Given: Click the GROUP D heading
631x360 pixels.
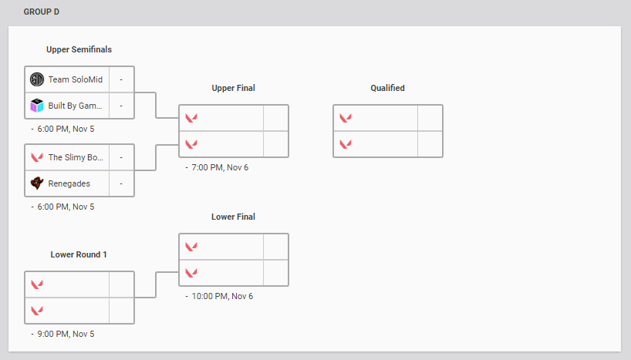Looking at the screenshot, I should point(41,12).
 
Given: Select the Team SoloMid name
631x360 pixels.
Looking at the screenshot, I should point(75,79).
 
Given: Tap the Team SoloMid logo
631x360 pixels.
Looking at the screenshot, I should point(37,79).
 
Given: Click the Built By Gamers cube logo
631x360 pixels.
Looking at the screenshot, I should point(37,106).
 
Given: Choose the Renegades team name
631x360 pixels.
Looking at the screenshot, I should point(69,183).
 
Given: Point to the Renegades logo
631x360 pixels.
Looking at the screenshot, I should point(37,183).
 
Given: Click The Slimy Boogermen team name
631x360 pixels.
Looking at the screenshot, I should point(76,157).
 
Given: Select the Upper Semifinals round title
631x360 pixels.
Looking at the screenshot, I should point(79,49).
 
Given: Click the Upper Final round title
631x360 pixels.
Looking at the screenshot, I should point(233,88).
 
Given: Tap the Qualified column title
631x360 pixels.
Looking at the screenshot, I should point(387,88).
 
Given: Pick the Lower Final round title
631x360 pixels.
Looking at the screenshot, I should point(233,217).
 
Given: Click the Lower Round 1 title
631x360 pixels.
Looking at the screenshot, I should point(79,254).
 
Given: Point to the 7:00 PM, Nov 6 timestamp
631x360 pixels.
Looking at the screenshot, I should point(221,167).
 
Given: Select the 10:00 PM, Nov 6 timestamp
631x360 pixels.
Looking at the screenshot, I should point(223,296).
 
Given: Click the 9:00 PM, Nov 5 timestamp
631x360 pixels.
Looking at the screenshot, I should point(66,334).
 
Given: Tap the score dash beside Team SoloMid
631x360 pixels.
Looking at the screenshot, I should point(121,79).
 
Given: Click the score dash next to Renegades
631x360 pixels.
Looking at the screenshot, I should point(121,183).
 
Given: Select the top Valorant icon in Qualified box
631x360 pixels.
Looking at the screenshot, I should point(346,118).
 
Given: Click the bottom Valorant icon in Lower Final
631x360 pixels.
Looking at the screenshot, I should point(191,272).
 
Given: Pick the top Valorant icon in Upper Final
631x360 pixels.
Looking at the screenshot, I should point(191,118).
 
